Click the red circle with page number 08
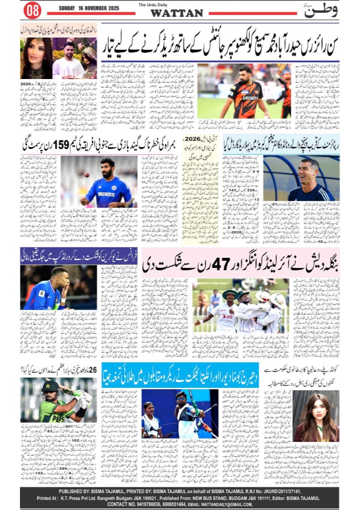tap(32, 10)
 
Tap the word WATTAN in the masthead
tap(177, 14)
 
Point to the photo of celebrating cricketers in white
tap(241, 305)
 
